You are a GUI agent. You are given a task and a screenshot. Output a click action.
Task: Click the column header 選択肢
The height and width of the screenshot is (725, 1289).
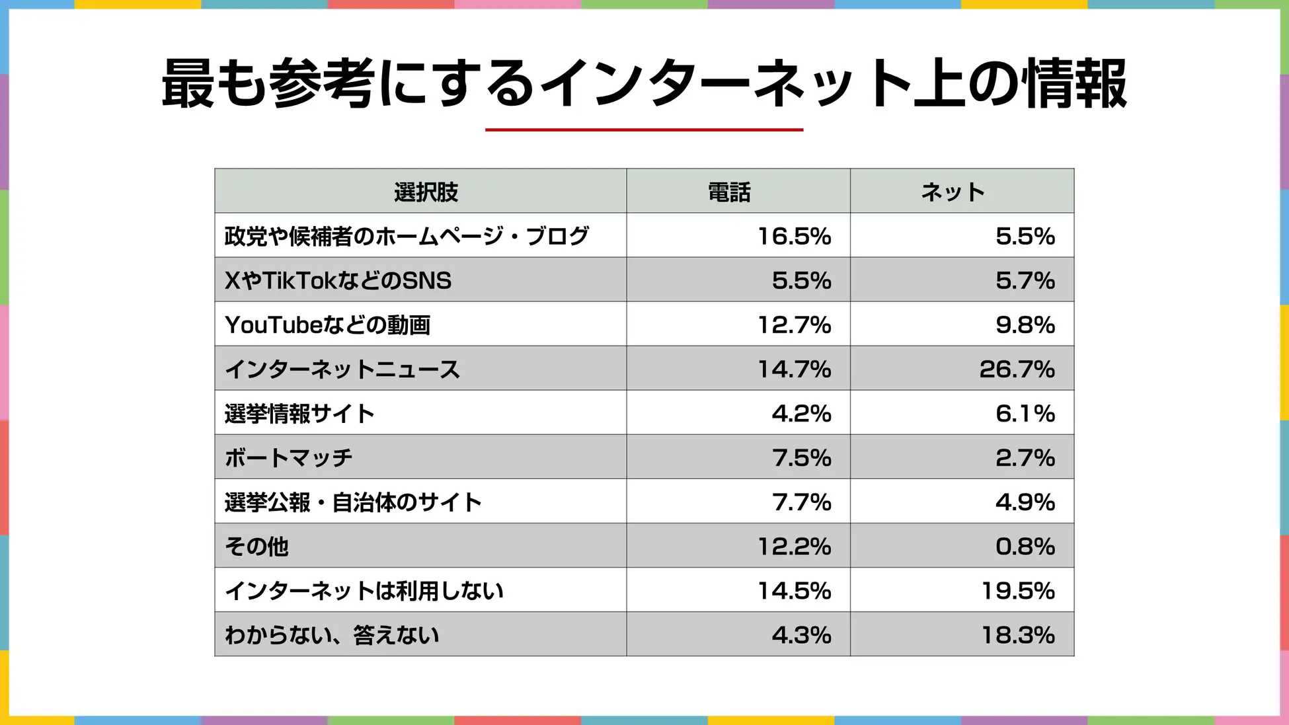point(426,192)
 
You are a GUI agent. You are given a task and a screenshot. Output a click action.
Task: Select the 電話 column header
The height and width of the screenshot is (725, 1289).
point(729,192)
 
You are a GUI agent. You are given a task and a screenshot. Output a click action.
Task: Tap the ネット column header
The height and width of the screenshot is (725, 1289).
point(953,192)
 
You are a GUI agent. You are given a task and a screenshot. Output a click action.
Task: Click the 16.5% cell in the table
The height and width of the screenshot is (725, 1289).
point(794,236)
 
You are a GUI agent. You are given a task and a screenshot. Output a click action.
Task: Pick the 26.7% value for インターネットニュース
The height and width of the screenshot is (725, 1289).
point(1017,369)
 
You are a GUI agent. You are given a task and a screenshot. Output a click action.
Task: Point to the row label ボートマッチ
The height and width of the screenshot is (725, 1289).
point(288,457)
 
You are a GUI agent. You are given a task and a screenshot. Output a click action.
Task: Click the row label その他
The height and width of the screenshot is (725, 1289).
point(256,546)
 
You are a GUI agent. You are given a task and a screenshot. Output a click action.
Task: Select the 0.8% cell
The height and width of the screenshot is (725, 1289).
point(1025,546)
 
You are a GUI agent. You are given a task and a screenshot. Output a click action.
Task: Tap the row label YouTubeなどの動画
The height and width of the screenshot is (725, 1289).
point(327,324)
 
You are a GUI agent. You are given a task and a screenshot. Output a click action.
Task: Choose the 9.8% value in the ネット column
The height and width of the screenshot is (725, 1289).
point(1025,324)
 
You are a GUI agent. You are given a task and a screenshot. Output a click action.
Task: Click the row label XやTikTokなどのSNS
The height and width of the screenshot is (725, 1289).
point(338,280)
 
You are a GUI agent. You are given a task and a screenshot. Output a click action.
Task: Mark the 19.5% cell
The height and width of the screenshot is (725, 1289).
point(1017,590)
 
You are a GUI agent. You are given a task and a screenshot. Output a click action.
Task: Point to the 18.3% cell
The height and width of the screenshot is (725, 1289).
point(1017,634)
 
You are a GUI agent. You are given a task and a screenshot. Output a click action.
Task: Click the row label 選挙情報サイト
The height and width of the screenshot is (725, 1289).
point(299,413)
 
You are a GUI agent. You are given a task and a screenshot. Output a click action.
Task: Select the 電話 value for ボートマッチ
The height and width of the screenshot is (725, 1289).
point(801,457)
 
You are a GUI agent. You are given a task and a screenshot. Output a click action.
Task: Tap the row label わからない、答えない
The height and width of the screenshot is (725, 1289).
point(332,634)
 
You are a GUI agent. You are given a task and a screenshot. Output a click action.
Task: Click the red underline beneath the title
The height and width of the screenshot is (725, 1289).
point(644,130)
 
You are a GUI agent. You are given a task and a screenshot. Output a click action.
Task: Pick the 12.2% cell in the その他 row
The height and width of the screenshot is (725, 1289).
point(794,546)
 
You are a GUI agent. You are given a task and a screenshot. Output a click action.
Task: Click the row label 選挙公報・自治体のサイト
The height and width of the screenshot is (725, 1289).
point(353,502)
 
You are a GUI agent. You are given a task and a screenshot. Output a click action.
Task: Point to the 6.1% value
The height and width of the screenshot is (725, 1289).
point(1025,413)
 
